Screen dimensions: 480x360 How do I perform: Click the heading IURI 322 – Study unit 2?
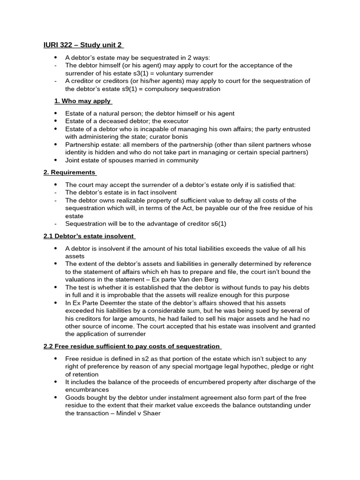[x=83, y=45]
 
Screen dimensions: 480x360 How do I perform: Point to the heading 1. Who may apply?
[x=82, y=101]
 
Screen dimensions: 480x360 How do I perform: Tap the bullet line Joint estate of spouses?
[x=132, y=160]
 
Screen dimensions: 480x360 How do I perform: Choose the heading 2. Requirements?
[x=69, y=172]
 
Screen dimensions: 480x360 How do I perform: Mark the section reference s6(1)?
[x=216, y=224]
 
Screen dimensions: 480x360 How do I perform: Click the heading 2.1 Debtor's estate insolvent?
[x=89, y=236]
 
